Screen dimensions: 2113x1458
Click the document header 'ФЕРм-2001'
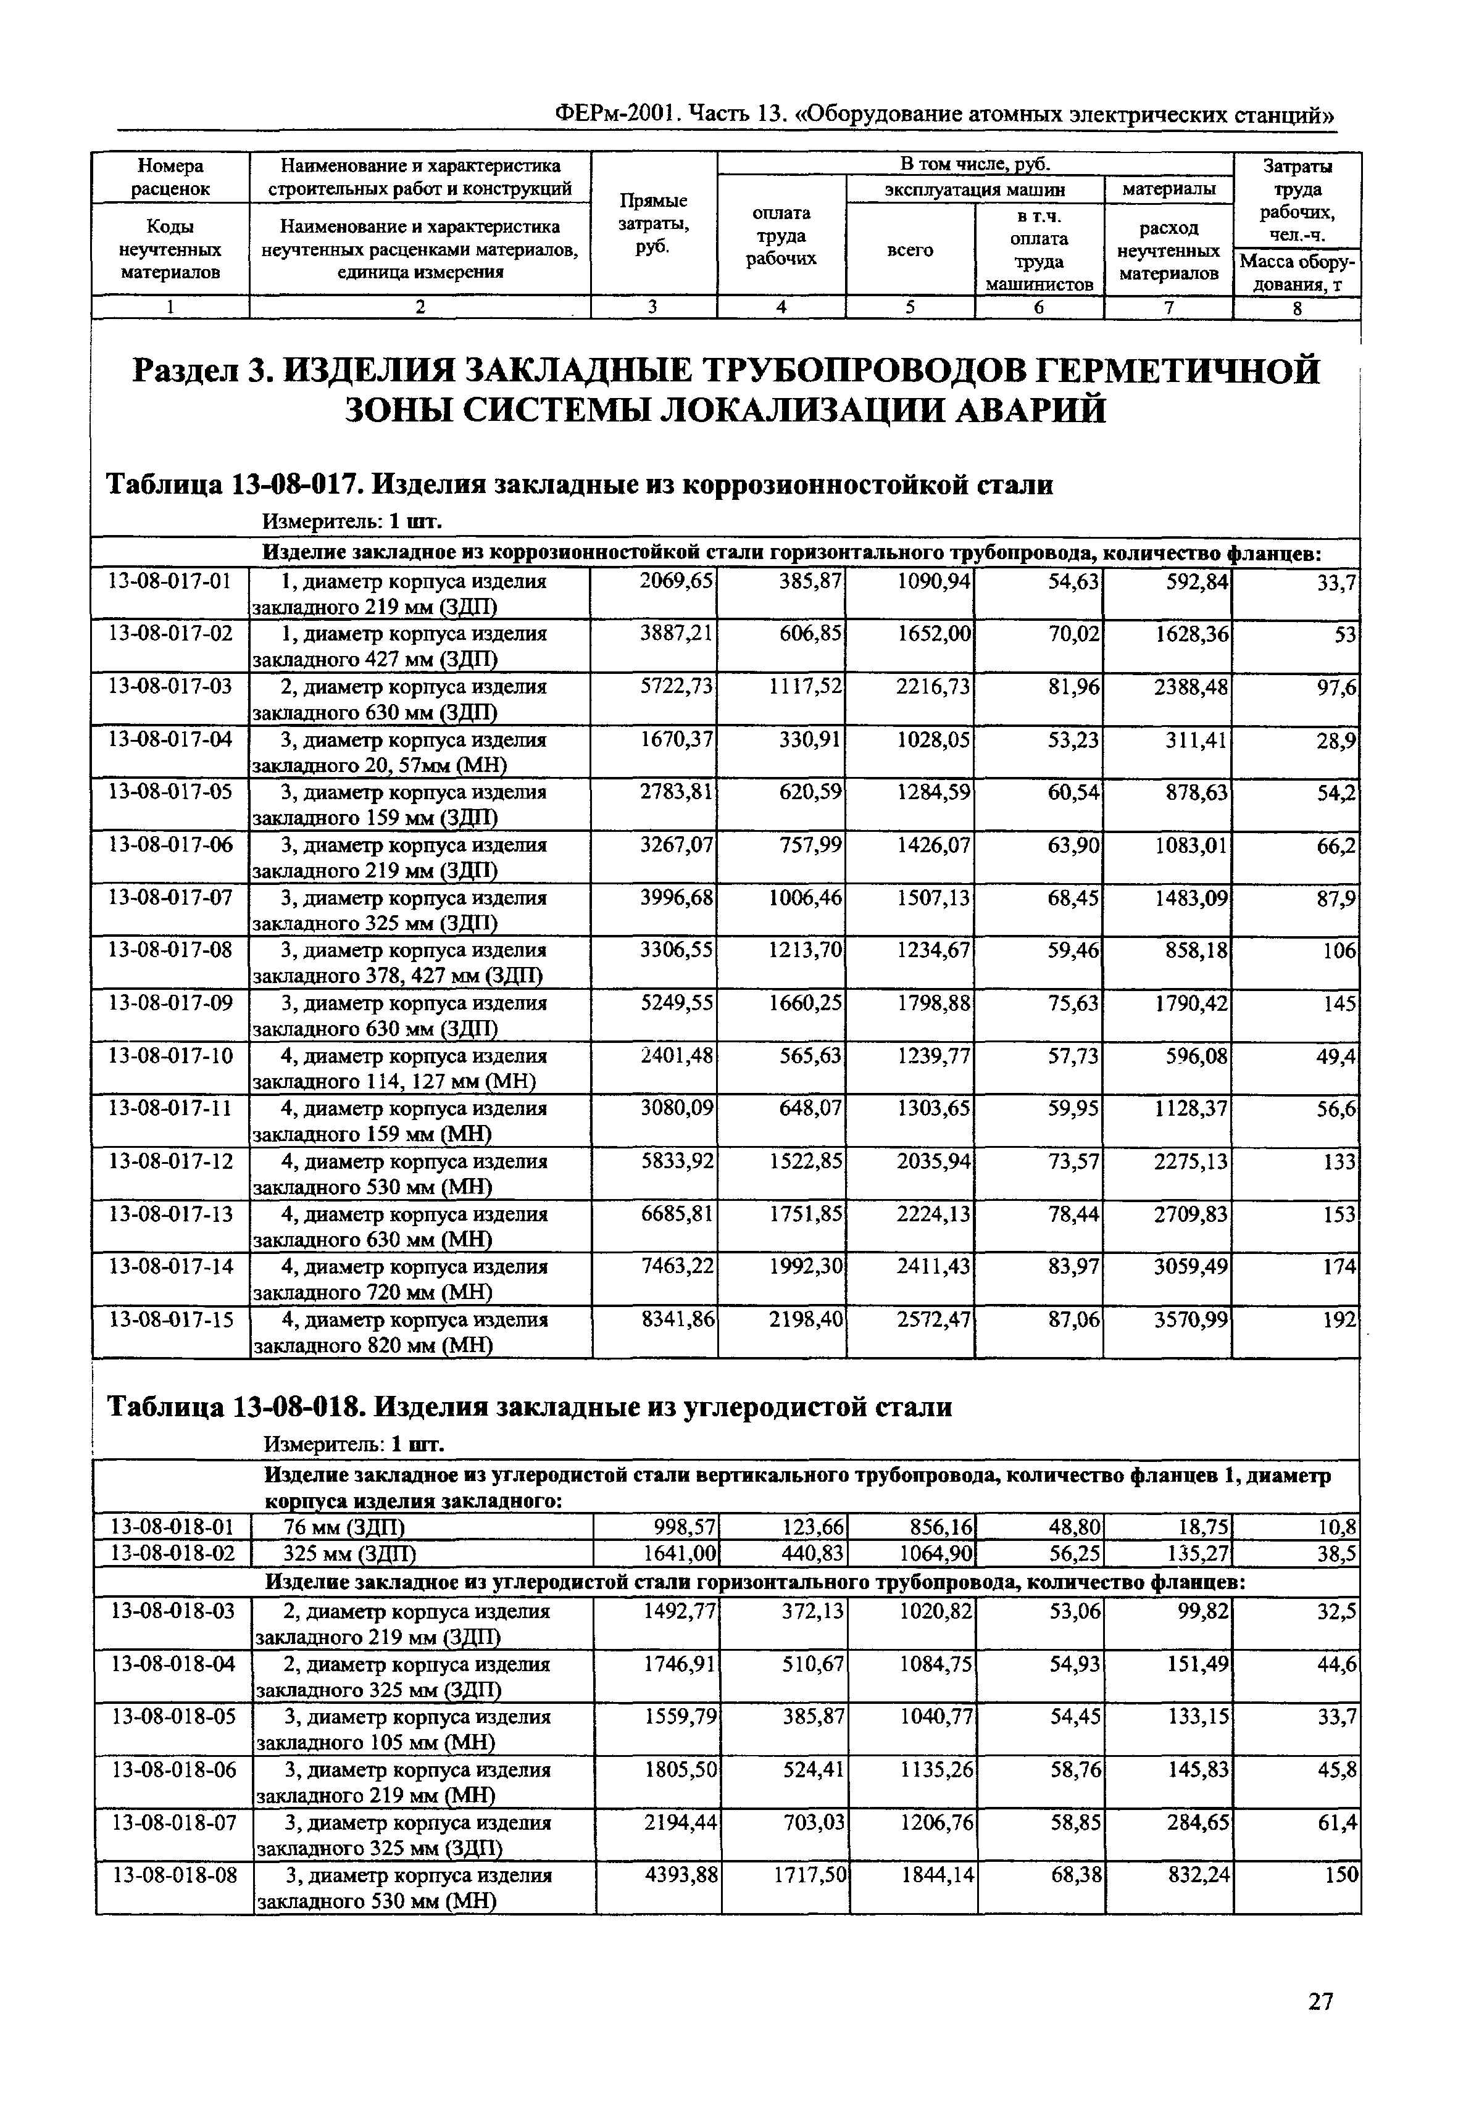[x=615, y=115]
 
